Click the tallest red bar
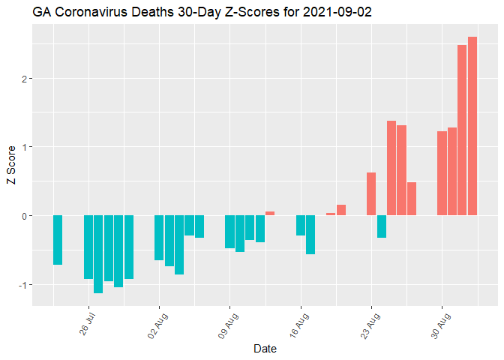(x=472, y=126)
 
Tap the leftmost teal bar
(x=58, y=240)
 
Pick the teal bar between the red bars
(x=382, y=226)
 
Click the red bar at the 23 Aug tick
(x=371, y=194)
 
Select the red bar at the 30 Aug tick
(x=442, y=173)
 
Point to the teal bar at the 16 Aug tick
(x=301, y=226)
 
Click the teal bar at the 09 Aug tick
(x=230, y=232)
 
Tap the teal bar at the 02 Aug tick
(x=159, y=238)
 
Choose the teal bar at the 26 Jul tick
(x=88, y=247)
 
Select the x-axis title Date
(x=265, y=349)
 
